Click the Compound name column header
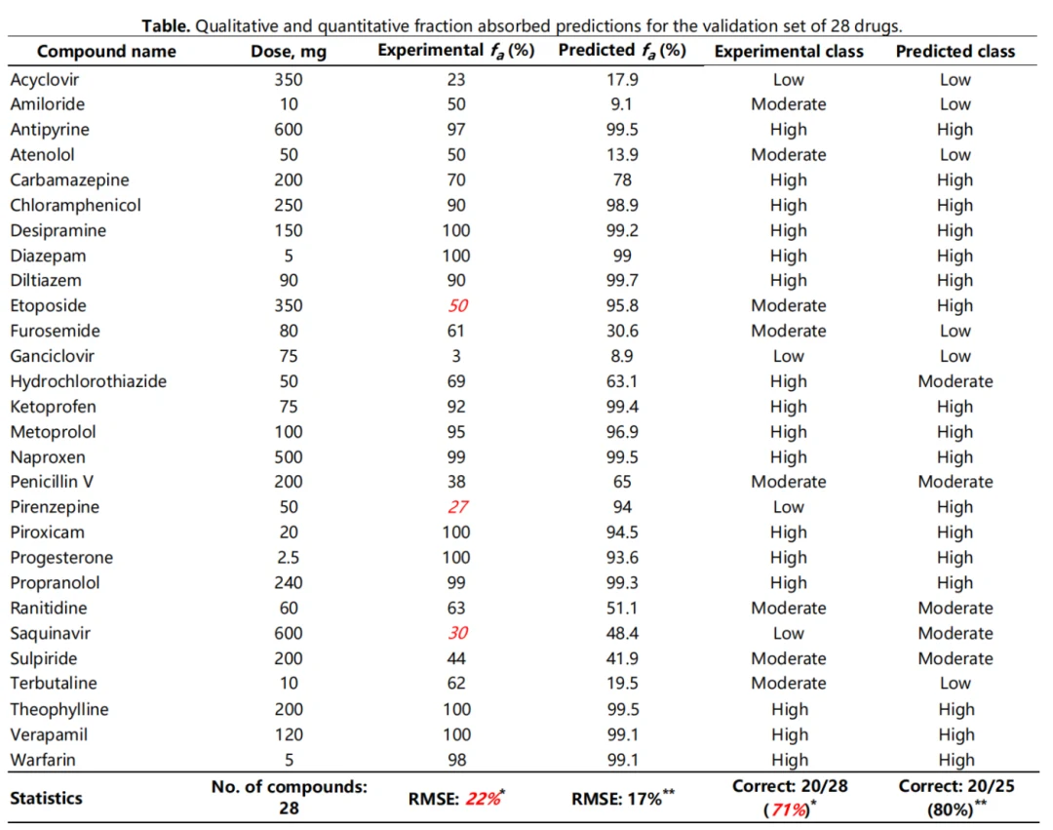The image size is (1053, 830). [106, 52]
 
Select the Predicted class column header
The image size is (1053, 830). [955, 52]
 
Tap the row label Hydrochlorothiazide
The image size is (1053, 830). [88, 381]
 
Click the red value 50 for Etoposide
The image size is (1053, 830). [458, 305]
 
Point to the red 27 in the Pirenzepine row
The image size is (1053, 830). [458, 507]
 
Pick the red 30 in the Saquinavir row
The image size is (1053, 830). [458, 633]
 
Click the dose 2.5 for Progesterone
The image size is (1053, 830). [288, 557]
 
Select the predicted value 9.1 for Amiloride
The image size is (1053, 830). [622, 104]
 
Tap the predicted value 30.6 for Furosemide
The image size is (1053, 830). [622, 331]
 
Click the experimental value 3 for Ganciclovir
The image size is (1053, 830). [456, 356]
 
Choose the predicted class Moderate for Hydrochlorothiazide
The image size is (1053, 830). [955, 381]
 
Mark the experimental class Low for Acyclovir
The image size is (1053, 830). [789, 79]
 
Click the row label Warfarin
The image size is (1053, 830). [42, 760]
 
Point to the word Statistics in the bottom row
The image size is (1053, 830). [46, 798]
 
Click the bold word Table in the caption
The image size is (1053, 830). [167, 25]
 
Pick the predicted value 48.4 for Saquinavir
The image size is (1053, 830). [622, 633]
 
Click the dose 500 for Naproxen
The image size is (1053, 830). [288, 457]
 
